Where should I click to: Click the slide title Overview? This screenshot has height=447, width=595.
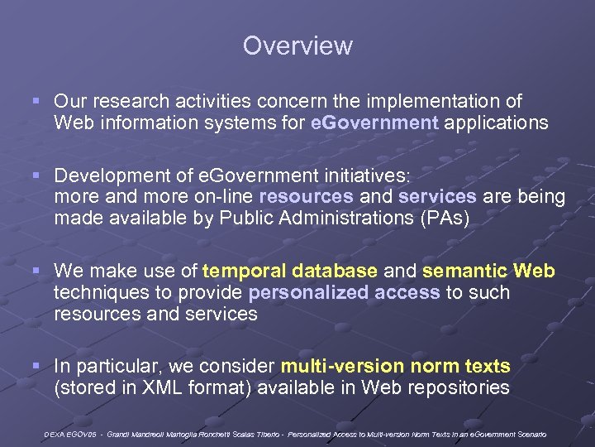coord(297,46)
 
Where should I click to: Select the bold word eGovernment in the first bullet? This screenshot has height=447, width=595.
coord(375,123)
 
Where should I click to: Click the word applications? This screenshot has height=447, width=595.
coord(496,123)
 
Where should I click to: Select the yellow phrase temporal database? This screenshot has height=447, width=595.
coord(290,271)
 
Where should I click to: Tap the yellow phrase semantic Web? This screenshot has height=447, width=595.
coord(488,271)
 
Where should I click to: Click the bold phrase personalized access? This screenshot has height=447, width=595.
coord(344,292)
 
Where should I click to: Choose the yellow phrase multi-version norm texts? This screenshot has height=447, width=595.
coord(396,366)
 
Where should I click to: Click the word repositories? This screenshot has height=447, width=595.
coord(459,387)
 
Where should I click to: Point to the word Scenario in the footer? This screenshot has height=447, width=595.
coord(530,434)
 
